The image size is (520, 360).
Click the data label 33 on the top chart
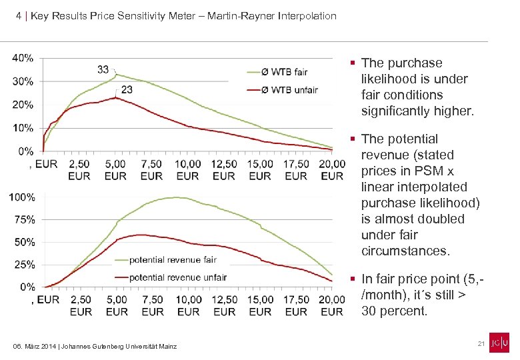point(103,69)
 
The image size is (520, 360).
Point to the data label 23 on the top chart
point(127,89)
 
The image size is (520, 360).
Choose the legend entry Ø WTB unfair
point(289,90)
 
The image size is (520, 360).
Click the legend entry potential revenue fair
point(173,259)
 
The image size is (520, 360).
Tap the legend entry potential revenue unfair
point(177,277)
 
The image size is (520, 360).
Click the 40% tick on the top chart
point(23,58)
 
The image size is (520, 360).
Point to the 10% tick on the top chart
point(23,127)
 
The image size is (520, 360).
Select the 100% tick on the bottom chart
point(22,197)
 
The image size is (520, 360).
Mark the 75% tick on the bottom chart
point(25,219)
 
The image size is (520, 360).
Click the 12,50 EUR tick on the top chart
point(224,170)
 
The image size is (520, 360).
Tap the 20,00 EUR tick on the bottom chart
point(332,305)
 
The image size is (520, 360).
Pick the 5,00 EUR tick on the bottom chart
point(117,305)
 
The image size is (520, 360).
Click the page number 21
point(480,343)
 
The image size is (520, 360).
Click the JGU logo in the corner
point(499,342)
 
